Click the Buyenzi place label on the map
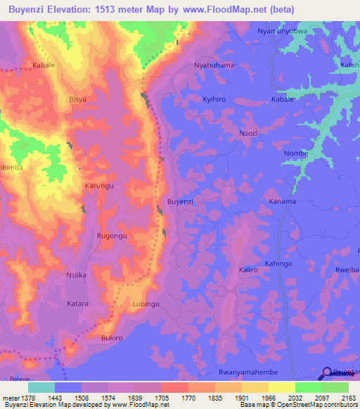(x=180, y=202)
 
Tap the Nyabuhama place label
(x=214, y=65)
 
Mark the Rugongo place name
(x=112, y=236)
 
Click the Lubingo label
(x=146, y=304)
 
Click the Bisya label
(x=77, y=100)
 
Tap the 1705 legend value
(x=162, y=398)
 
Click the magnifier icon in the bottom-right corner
(x=328, y=374)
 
